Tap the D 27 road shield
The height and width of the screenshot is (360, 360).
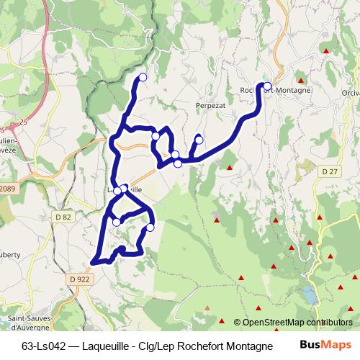tap(330, 171)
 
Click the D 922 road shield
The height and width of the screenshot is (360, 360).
tap(80, 279)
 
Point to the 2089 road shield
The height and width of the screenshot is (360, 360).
tap(9, 189)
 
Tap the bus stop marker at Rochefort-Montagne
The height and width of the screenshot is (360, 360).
tap(267, 86)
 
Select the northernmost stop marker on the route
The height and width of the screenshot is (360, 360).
tap(143, 77)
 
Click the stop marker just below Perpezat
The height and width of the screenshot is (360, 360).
tap(199, 140)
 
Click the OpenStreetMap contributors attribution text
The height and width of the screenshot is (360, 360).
tap(298, 323)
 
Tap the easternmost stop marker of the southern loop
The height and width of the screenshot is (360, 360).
tap(150, 228)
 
